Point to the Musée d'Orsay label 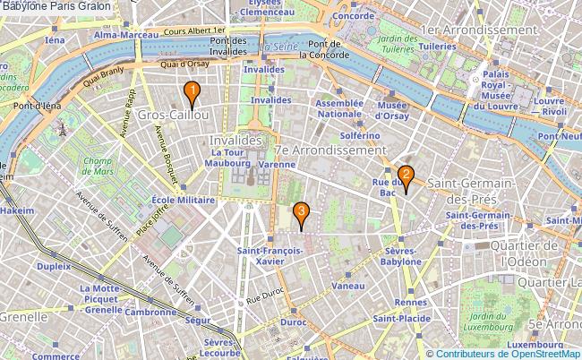pos(391,110)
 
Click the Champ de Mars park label pos(101,166)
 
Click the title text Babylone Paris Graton pos(56,6)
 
